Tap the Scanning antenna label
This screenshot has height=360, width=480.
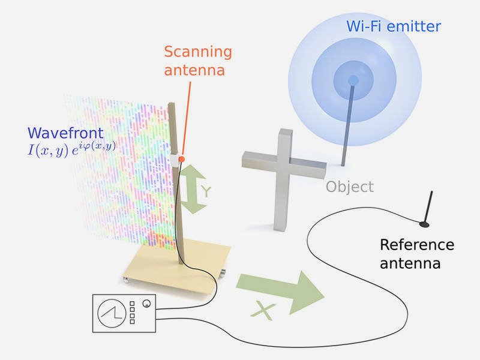pos(197,61)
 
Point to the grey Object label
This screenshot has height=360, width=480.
pos(349,187)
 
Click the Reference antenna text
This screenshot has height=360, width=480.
pos(417,254)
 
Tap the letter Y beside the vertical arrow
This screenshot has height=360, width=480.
pos(205,191)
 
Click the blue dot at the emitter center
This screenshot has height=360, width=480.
pos(353,80)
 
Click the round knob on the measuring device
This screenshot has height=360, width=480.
pos(146,304)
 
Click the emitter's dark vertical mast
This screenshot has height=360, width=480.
pos(347,126)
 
